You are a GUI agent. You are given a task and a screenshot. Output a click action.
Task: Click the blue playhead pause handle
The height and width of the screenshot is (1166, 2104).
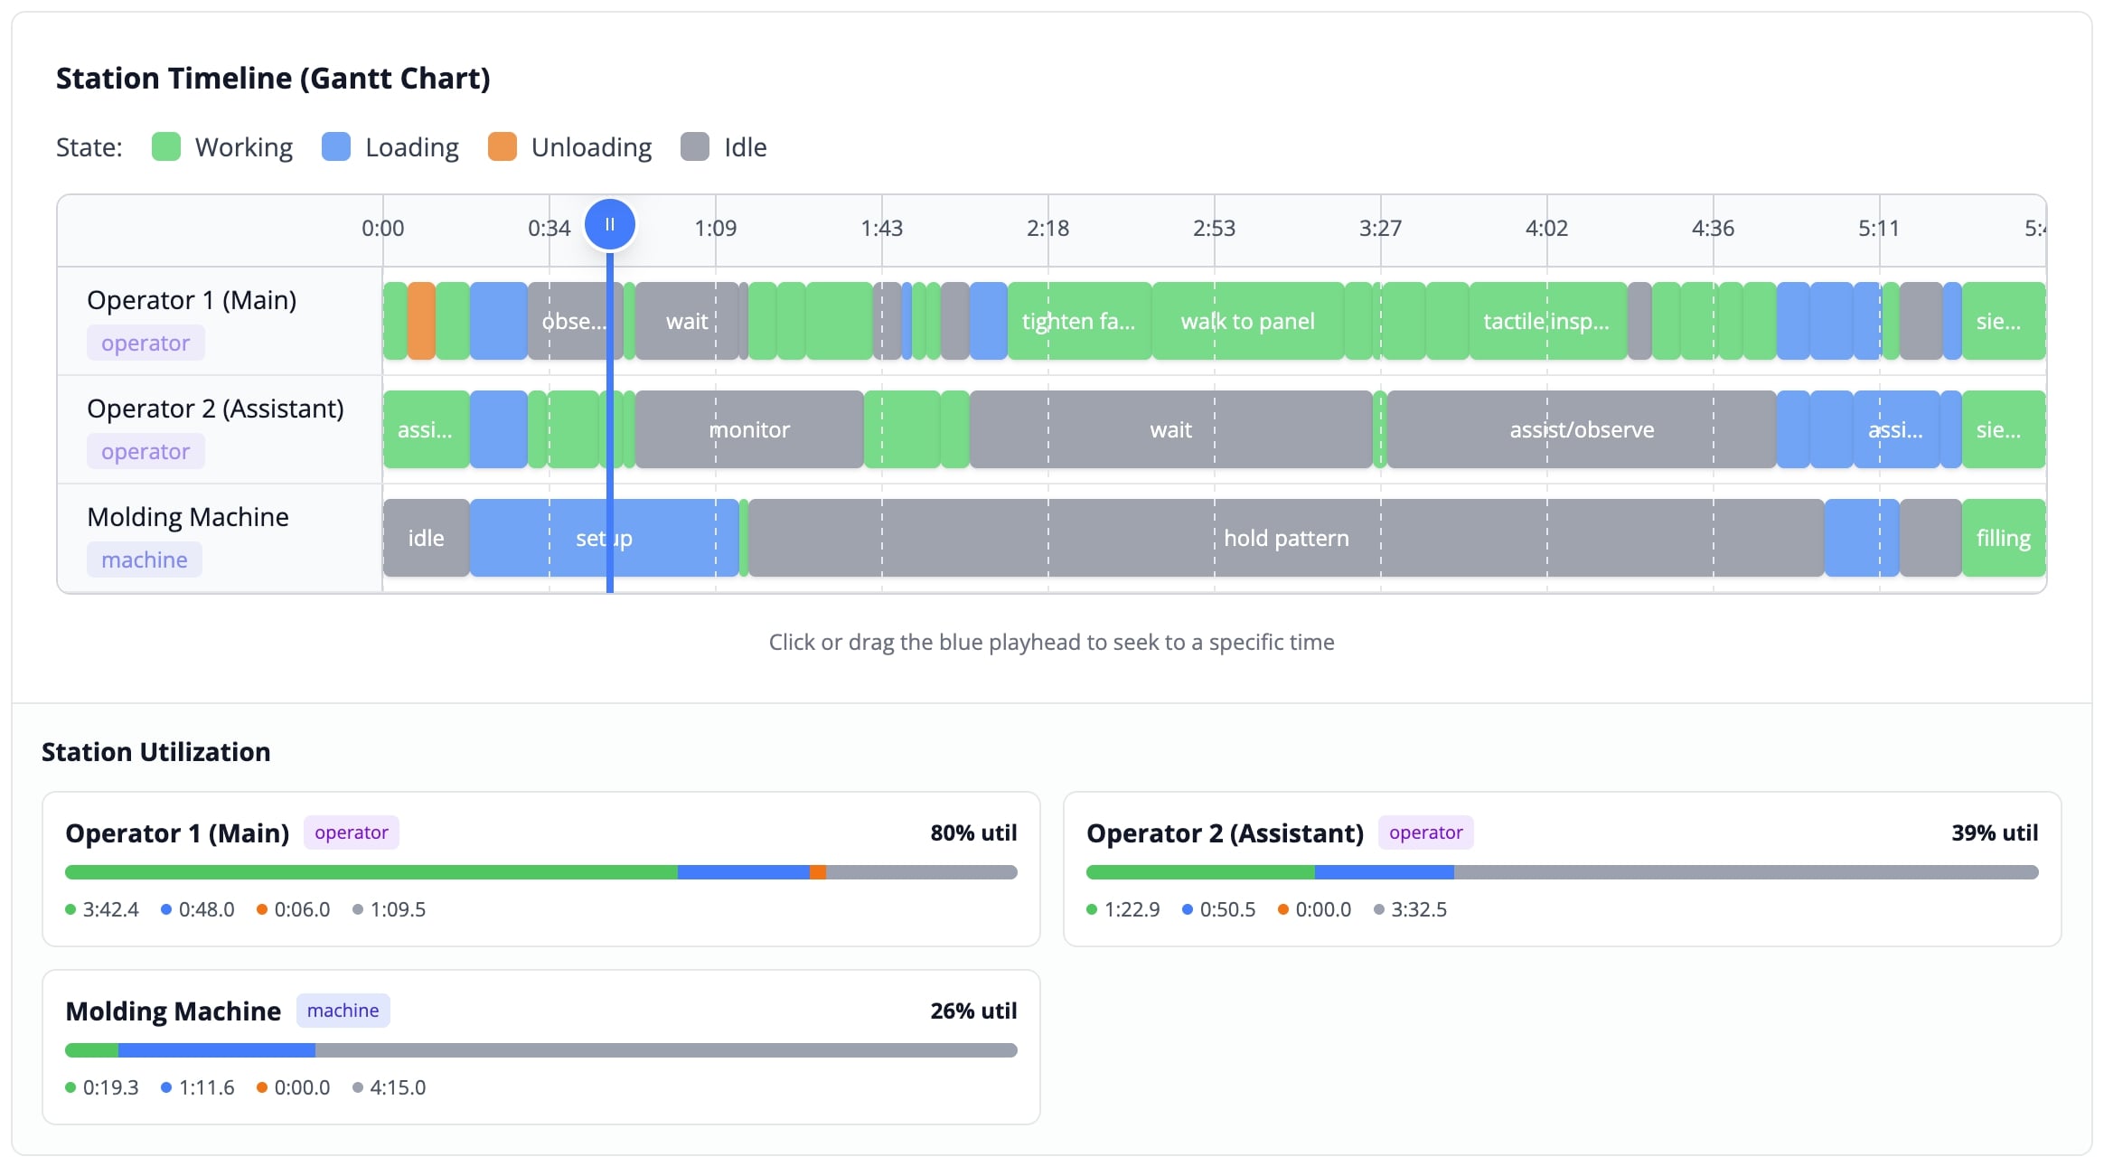point(610,224)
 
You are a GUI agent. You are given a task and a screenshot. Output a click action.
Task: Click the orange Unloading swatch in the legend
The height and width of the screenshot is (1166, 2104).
point(502,146)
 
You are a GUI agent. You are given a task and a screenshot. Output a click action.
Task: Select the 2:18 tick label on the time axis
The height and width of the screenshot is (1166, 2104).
point(1047,228)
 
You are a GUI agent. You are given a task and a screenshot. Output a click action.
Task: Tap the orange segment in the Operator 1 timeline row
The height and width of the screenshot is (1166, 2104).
point(421,321)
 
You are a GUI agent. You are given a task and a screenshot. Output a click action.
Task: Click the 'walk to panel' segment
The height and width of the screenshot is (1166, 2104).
point(1247,321)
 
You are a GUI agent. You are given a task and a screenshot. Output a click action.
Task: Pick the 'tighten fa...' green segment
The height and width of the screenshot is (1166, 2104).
point(1078,321)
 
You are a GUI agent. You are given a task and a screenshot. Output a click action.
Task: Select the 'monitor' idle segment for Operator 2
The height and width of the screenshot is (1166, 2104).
point(748,429)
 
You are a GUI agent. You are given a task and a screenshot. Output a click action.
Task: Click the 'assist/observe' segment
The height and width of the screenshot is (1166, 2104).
point(1582,429)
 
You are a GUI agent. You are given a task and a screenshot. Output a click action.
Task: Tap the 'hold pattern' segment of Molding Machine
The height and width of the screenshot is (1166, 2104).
point(1285,538)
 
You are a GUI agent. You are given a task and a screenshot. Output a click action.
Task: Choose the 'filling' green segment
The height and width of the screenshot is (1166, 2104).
point(2003,538)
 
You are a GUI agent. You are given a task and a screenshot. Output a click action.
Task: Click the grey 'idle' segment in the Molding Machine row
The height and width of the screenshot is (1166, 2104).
point(426,538)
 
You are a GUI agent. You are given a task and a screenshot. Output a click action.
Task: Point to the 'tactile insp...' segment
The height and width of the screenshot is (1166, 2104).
point(1546,321)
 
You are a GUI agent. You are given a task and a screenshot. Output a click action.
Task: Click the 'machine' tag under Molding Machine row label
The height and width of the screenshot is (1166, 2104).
point(145,559)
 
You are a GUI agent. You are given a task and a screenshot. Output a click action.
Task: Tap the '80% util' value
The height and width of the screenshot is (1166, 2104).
point(973,832)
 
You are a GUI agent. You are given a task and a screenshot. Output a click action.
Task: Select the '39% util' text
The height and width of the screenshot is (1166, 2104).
point(1994,832)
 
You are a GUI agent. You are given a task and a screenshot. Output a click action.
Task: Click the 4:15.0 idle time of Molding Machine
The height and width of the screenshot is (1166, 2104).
point(398,1087)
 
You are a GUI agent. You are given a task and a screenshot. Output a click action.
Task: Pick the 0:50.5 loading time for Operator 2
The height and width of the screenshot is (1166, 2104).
point(1227,909)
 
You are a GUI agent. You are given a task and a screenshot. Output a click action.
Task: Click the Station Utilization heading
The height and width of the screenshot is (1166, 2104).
point(155,752)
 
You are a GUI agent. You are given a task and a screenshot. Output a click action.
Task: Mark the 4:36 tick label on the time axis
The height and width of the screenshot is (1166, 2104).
point(1713,228)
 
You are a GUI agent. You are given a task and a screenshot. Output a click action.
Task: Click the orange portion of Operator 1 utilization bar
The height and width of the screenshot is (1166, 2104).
point(817,872)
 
